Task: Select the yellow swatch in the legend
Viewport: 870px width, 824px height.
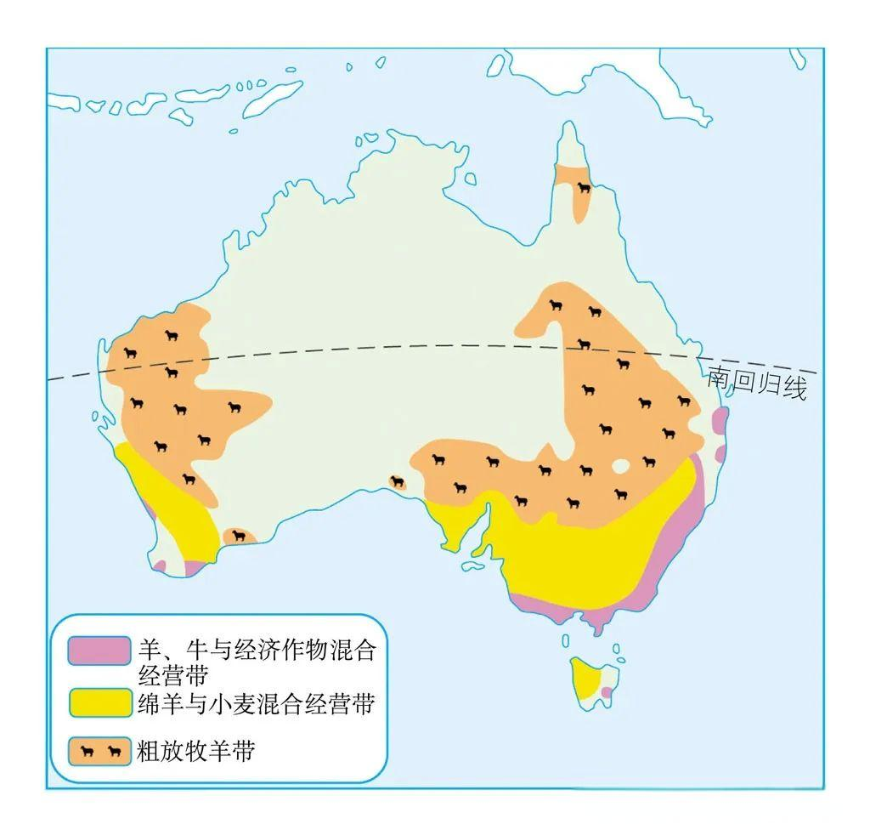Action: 99,703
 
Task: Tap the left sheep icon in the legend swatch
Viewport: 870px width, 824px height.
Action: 87,752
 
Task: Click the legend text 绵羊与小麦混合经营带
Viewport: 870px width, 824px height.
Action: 255,703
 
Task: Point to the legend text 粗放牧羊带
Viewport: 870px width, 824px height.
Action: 195,752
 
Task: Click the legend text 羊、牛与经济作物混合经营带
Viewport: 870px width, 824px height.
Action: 255,663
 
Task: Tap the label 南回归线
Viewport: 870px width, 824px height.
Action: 756,384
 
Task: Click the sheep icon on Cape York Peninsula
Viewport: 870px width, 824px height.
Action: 584,188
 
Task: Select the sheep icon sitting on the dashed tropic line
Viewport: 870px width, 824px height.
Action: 585,344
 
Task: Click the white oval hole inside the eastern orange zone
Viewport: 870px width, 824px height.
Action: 621,466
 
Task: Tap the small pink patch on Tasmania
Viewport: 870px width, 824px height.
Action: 606,693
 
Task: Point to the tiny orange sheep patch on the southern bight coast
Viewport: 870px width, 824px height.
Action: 398,482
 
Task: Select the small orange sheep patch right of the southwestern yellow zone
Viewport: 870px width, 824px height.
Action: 239,537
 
